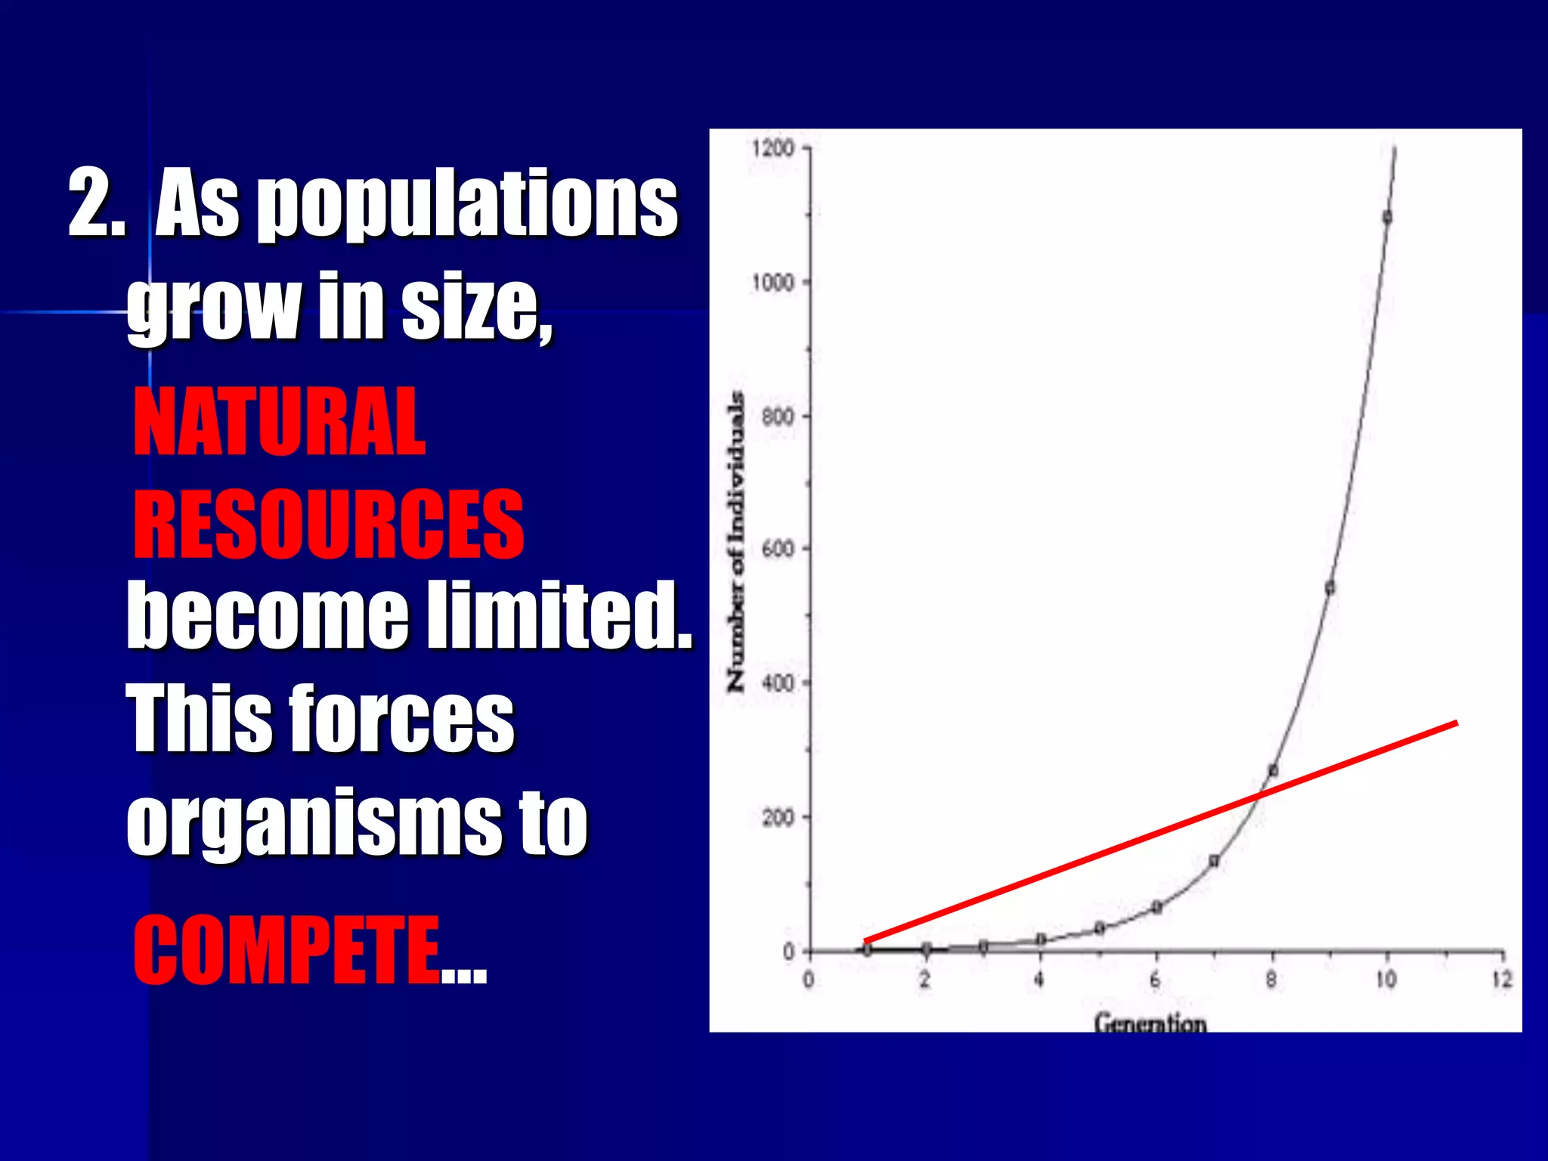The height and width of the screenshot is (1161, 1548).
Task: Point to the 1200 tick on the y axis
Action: coord(772,147)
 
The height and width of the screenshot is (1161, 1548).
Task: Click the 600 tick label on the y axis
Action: coord(777,549)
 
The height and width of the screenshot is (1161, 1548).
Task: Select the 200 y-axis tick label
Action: coord(777,817)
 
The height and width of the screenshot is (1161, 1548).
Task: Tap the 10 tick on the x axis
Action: coord(1385,980)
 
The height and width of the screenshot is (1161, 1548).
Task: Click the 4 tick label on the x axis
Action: coord(1039,980)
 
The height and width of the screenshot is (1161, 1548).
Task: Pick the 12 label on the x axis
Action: coord(1502,980)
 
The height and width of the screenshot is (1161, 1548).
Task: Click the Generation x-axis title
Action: coord(1150,1023)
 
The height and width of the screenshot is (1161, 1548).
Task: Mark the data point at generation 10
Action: coord(1387,218)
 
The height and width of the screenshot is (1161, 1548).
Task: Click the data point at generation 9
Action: coord(1330,588)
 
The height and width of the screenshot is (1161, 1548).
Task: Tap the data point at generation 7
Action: coord(1214,861)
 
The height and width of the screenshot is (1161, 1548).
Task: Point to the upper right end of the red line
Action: coord(1455,724)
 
